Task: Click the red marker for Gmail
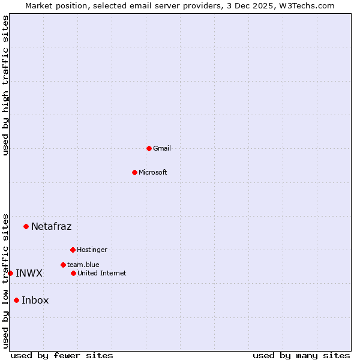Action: click(x=149, y=148)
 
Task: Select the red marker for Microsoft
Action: click(x=134, y=172)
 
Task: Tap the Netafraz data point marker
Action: click(x=26, y=226)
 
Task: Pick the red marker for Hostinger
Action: click(x=73, y=250)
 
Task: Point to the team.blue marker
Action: click(x=63, y=265)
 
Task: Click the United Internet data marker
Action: click(x=73, y=273)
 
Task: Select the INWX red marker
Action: click(x=10, y=273)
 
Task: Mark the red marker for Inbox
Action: click(x=16, y=300)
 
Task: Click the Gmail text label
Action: click(x=162, y=148)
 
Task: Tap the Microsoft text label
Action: click(x=153, y=172)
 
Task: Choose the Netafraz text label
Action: click(x=51, y=226)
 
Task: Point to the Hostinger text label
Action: click(x=92, y=250)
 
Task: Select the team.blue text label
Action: click(x=83, y=265)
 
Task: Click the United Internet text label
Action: click(x=102, y=273)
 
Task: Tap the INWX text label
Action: click(x=29, y=273)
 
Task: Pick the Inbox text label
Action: click(x=35, y=300)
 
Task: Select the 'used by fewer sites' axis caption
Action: click(x=62, y=355)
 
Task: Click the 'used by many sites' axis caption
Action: click(x=301, y=355)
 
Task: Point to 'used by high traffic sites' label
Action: click(x=5, y=85)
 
